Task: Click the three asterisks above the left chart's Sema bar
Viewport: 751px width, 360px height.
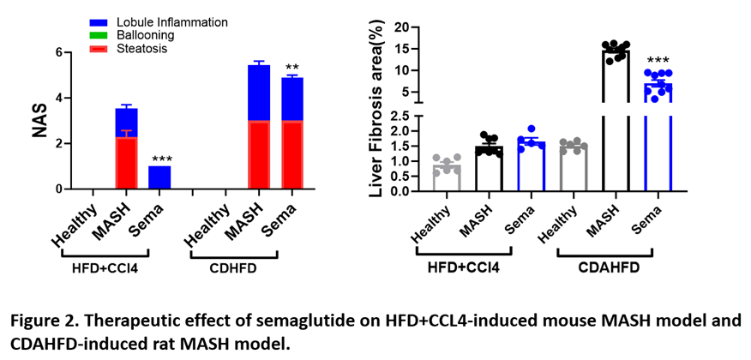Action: click(x=159, y=159)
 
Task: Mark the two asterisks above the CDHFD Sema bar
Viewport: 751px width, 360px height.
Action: click(x=292, y=69)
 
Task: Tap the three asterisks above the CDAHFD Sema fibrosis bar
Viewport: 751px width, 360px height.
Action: click(x=658, y=61)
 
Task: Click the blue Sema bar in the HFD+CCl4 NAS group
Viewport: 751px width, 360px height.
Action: click(x=159, y=177)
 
